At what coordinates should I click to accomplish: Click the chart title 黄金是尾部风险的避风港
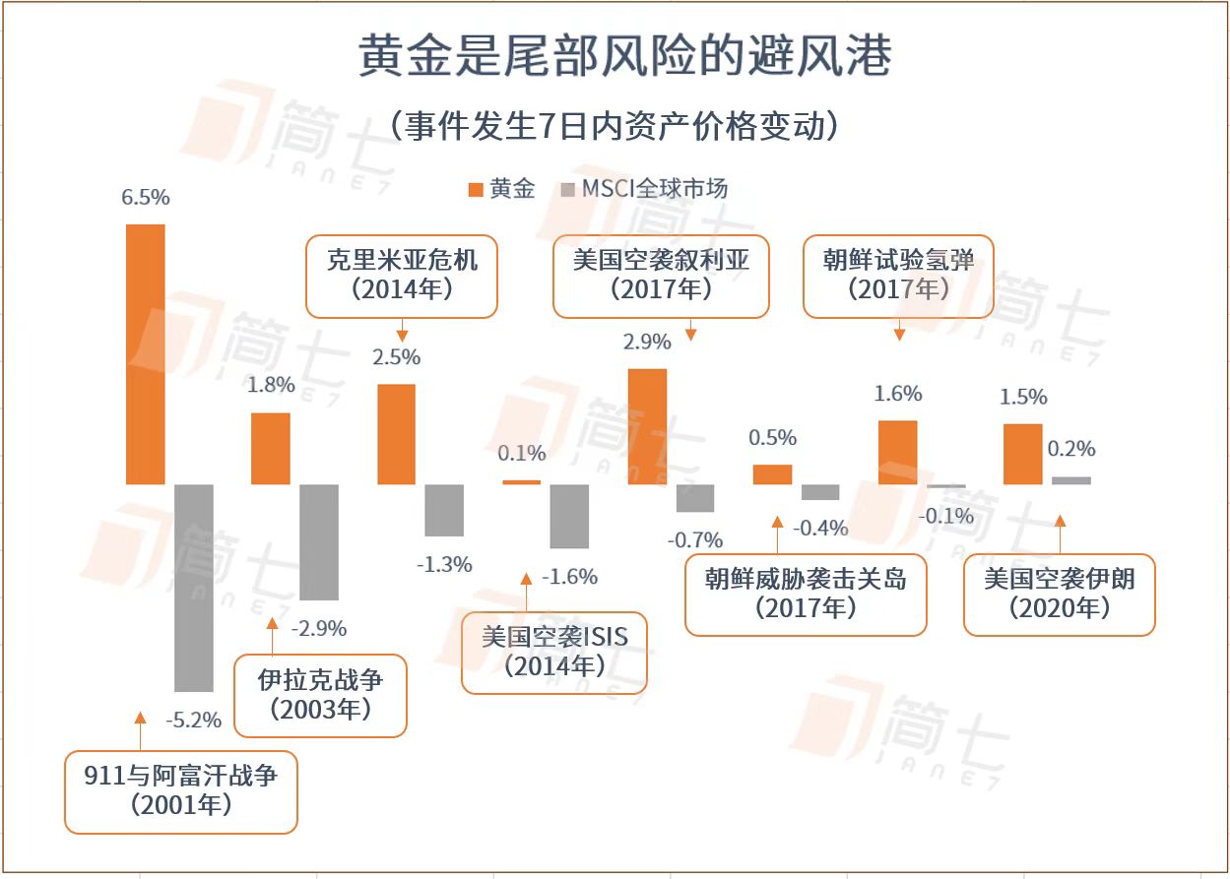[624, 56]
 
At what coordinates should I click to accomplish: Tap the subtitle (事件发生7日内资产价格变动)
[615, 126]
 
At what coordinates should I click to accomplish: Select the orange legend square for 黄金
[475, 189]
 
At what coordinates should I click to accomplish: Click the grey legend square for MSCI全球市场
[568, 189]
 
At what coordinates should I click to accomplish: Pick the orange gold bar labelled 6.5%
[146, 354]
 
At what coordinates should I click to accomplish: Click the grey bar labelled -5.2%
[194, 588]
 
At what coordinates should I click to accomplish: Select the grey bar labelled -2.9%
[319, 542]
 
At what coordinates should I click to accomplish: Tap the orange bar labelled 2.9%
[647, 426]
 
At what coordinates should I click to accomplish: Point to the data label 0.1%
[522, 454]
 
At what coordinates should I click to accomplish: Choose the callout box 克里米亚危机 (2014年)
[401, 276]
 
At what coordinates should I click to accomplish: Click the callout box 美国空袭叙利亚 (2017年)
[661, 276]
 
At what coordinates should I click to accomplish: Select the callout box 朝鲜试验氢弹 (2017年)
[898, 276]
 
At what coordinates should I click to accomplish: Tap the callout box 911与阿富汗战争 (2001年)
[180, 791]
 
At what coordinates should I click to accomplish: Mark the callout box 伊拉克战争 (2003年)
[320, 695]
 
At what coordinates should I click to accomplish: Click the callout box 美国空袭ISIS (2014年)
[554, 653]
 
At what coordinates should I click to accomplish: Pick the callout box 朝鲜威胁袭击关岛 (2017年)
[806, 595]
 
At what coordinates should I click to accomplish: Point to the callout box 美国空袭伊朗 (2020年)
[1059, 595]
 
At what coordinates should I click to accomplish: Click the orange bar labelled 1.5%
[1022, 454]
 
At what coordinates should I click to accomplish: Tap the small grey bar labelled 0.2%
[1071, 480]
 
